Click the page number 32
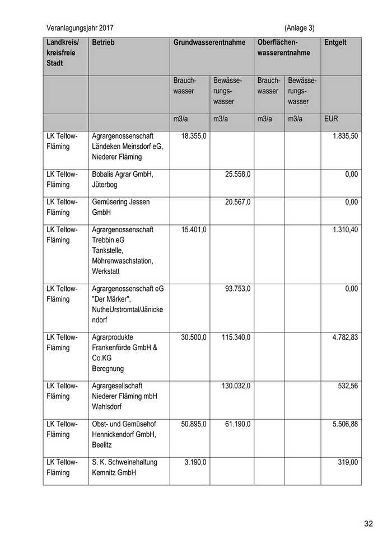point(368,524)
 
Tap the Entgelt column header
point(335,43)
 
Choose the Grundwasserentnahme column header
point(209,43)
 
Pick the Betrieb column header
point(103,43)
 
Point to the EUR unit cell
point(331,119)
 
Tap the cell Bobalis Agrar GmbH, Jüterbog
point(122,179)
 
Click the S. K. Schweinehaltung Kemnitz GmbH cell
point(124,467)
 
